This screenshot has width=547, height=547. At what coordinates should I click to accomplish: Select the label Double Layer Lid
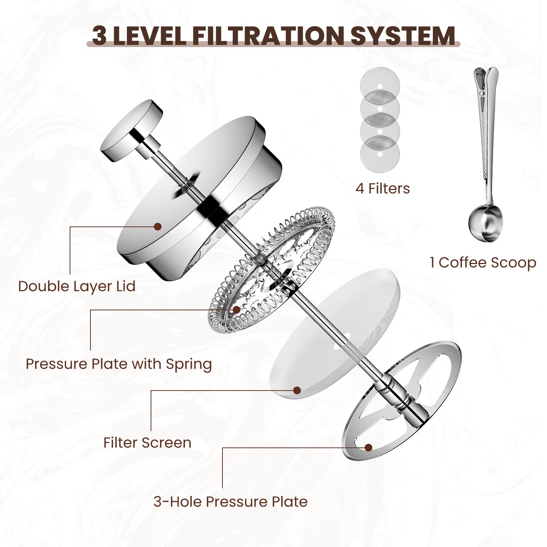(77, 286)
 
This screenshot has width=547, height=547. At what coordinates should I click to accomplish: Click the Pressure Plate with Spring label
(119, 364)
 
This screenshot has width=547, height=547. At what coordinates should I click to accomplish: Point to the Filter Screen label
(147, 442)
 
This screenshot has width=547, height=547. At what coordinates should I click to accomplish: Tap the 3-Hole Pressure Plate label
(230, 502)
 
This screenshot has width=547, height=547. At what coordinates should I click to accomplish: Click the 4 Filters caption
(383, 189)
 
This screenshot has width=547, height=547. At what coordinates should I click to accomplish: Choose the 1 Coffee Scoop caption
(483, 263)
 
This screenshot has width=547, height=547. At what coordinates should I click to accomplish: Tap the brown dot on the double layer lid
(158, 226)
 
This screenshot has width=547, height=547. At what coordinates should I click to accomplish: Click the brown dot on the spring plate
(237, 310)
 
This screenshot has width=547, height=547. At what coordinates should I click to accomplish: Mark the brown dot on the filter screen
(297, 390)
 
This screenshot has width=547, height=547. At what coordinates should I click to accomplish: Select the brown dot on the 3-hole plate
(369, 447)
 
